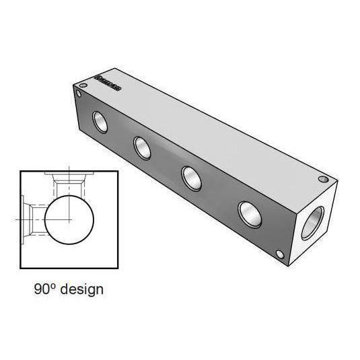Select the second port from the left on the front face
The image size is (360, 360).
coord(143,147)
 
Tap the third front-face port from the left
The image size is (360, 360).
coord(192,178)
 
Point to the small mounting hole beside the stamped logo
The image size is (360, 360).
coord(82,86)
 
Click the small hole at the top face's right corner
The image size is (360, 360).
coord(323,180)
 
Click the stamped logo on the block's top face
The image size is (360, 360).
coord(108,83)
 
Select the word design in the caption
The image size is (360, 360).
coord(81,290)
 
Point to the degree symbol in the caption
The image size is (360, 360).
coord(52,287)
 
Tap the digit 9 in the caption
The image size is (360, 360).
coord(38,290)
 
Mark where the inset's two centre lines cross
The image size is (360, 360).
coord(69,219)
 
